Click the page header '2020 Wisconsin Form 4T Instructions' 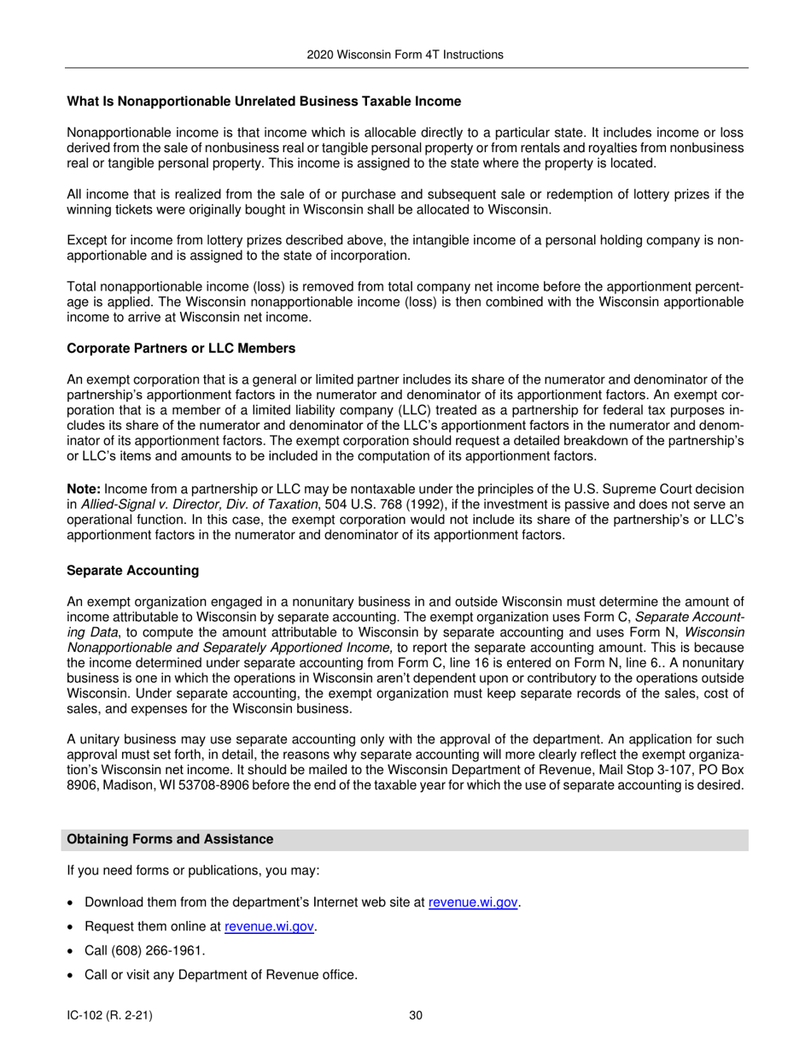(x=405, y=55)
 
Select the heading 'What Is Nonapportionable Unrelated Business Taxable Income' (x=264, y=102)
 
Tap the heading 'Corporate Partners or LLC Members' (x=181, y=349)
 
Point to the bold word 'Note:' (x=84, y=488)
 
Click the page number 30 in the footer (x=416, y=1016)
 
